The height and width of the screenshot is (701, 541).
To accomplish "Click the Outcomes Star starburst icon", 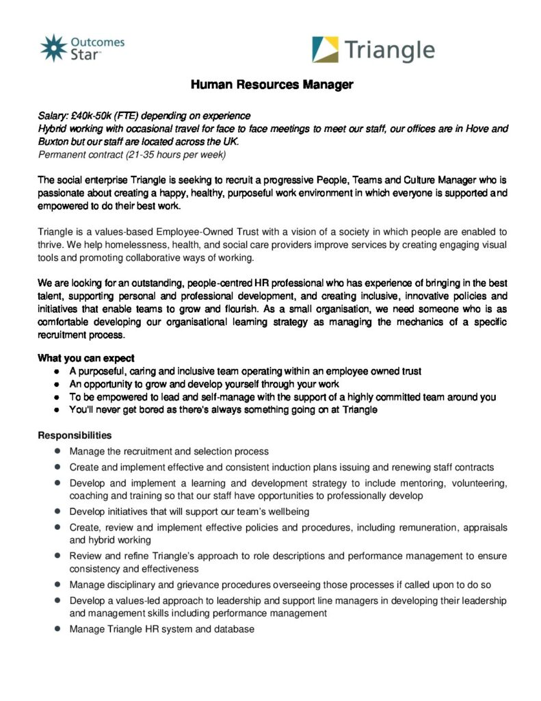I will pyautogui.click(x=53, y=48).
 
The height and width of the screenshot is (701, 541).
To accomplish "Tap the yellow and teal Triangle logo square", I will pyautogui.click(x=325, y=49).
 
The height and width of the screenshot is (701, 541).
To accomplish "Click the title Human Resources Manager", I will pyautogui.click(x=272, y=85).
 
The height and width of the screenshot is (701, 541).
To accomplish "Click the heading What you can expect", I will pyautogui.click(x=86, y=358).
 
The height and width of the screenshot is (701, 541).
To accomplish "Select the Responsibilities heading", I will pyautogui.click(x=75, y=435).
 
